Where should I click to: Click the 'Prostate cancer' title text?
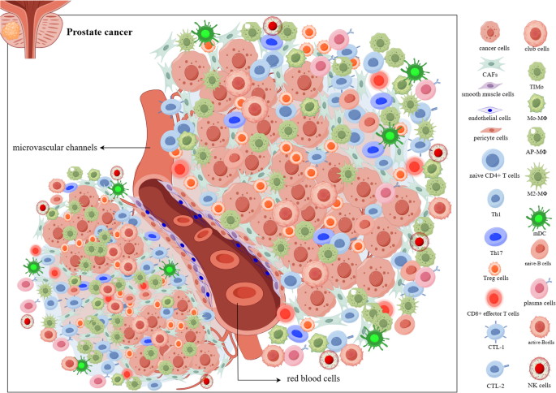(x=100, y=32)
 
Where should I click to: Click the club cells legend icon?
(x=534, y=32)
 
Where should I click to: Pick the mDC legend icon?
(x=534, y=218)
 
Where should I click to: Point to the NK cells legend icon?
(x=534, y=365)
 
